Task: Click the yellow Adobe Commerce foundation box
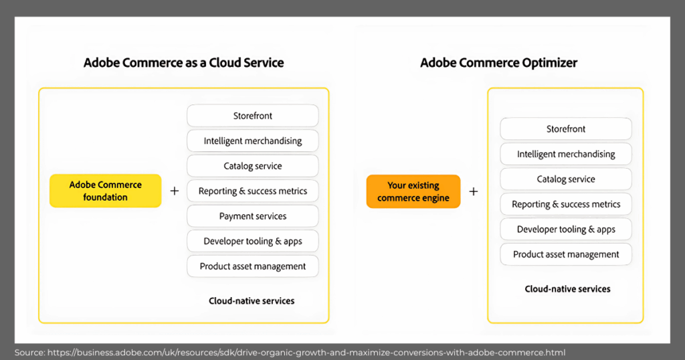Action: point(105,191)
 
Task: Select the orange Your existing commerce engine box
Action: point(413,191)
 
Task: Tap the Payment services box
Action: point(252,216)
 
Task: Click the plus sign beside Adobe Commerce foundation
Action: point(175,191)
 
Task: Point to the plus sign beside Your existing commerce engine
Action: point(473,191)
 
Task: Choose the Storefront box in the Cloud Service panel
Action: point(252,116)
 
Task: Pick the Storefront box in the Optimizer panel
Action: point(566,129)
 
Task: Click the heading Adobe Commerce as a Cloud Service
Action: point(183,63)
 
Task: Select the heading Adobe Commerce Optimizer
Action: point(498,63)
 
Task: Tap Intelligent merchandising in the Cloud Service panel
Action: point(252,141)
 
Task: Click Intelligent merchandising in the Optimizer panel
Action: point(566,154)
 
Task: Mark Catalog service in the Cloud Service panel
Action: point(252,166)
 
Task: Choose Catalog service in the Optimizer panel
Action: point(566,179)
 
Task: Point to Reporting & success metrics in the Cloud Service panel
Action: point(252,191)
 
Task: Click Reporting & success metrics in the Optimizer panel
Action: point(566,204)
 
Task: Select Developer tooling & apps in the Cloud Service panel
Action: point(252,242)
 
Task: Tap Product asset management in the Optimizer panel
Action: point(566,254)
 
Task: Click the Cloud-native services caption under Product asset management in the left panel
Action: point(252,301)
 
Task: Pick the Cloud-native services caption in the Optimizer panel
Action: point(567,289)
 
